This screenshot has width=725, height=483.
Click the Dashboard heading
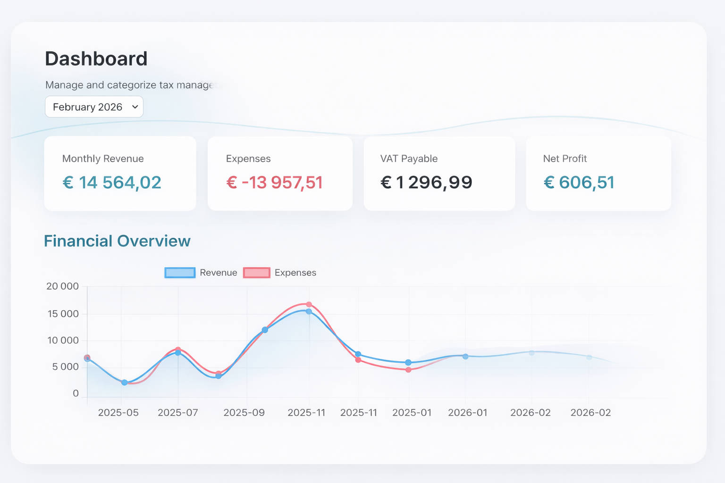[96, 59]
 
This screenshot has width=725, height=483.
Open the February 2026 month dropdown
[94, 107]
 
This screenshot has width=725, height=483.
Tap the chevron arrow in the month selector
[135, 107]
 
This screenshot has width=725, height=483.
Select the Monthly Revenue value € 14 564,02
[112, 183]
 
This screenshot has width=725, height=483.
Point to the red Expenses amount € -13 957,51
[274, 183]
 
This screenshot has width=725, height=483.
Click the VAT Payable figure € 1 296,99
[426, 183]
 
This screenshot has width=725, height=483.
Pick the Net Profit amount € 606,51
[579, 183]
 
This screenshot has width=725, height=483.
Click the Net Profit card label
[565, 158]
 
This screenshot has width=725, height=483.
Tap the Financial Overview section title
[117, 241]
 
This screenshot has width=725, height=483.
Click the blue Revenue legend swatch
[180, 273]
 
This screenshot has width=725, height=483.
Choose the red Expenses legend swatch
[257, 273]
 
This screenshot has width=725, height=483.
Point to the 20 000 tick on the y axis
[62, 286]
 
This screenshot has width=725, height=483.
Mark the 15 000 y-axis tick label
[63, 314]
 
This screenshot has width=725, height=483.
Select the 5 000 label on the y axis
[65, 367]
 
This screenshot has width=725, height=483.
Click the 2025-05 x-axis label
[118, 413]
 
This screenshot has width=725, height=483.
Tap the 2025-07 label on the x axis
[177, 413]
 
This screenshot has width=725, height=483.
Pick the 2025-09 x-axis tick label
[244, 413]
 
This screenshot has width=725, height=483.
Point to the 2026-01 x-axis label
[467, 413]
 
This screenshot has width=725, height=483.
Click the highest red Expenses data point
[309, 305]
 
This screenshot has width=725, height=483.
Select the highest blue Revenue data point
[309, 311]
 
